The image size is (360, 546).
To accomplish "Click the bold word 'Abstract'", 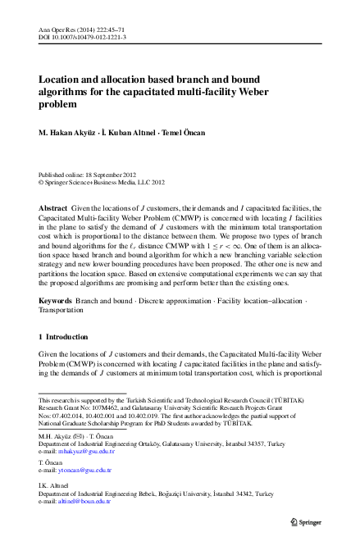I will click(53, 209).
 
